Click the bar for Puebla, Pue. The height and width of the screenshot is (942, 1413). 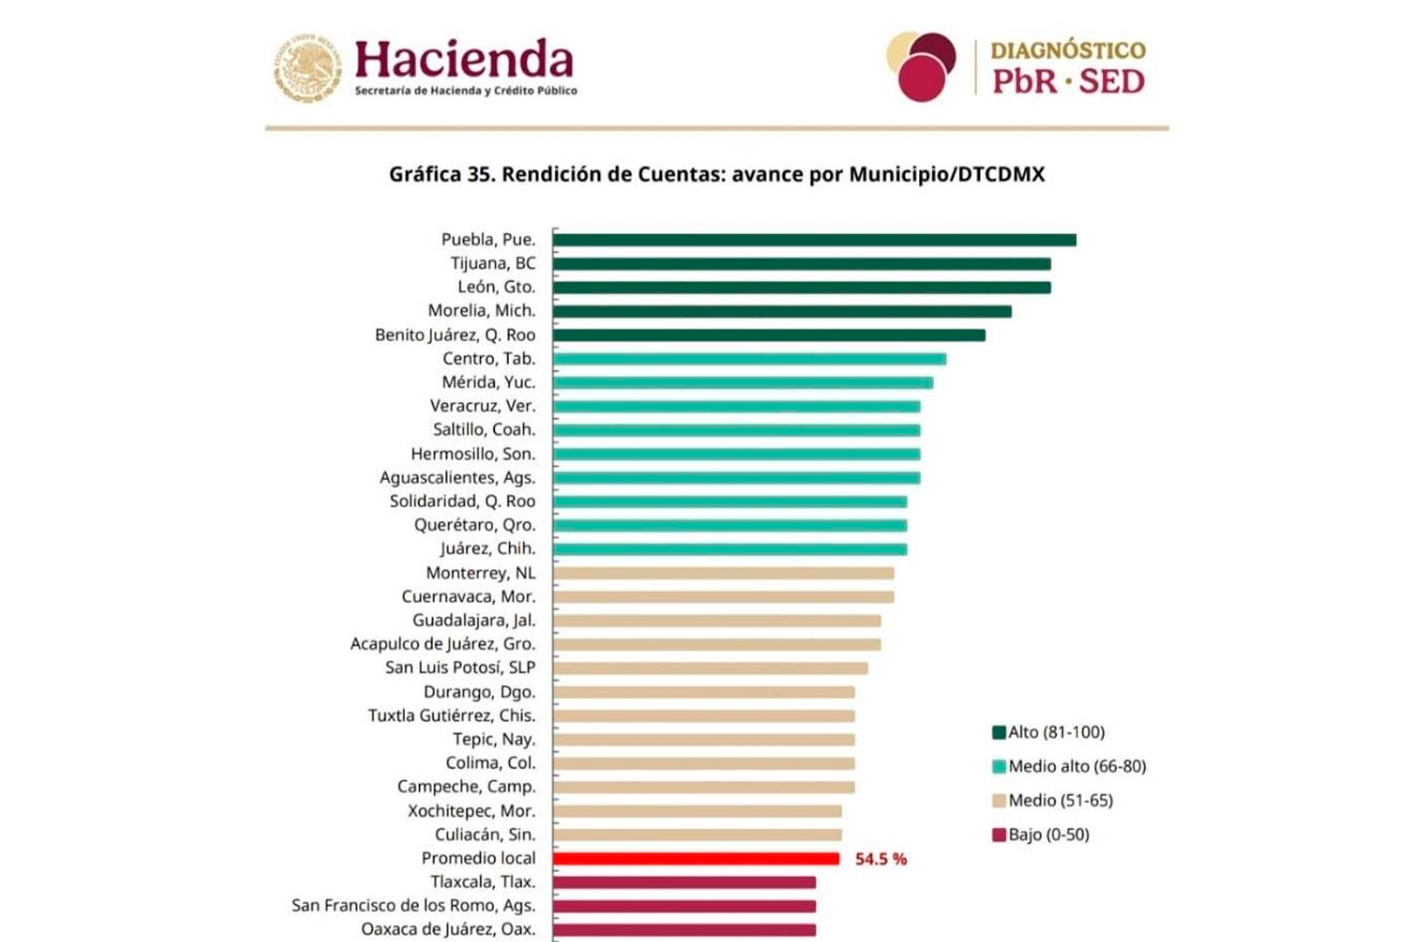pos(814,240)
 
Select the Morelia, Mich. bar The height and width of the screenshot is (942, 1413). pos(781,312)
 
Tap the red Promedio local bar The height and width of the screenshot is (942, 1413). pos(695,859)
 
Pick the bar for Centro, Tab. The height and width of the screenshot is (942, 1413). pos(749,359)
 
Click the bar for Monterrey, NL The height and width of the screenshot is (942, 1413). pos(723,574)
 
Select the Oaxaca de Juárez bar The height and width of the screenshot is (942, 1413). pos(684,930)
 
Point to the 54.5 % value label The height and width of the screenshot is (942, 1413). pos(880,859)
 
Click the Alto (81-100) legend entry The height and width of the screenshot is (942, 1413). pos(1048,733)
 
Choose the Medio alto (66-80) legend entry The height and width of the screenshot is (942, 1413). pos(1068,766)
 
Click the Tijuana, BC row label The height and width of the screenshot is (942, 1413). pos(492,263)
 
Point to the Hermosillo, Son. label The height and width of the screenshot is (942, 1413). pos(473,454)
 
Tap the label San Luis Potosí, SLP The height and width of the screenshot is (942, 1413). pos(460,668)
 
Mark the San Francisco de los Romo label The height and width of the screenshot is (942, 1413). pos(413,906)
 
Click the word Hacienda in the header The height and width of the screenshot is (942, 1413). pos(464,60)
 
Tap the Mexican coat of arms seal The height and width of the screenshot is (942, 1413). pos(307,67)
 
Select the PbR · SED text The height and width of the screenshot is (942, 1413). pos(1067,82)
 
